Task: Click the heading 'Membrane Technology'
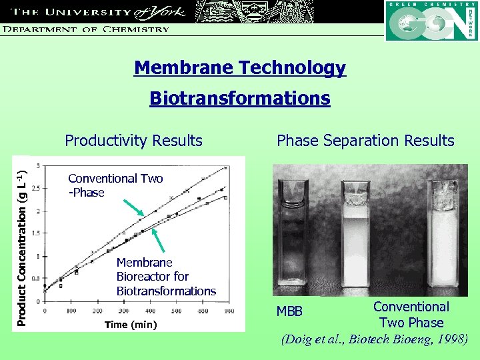click(240, 67)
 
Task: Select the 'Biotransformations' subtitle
click(240, 99)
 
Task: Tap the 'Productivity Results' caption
click(133, 141)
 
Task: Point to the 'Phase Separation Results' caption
click(365, 141)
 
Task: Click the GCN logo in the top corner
click(431, 21)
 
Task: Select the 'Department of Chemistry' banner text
click(85, 29)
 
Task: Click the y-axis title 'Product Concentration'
click(21, 241)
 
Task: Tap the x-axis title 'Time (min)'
click(131, 325)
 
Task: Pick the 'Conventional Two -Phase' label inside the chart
click(115, 185)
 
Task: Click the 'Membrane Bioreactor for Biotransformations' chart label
click(166, 277)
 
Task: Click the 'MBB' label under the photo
click(289, 312)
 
